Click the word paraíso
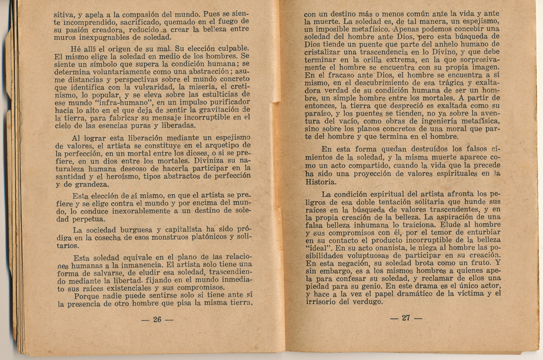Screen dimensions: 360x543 pyautogui.click(x=319, y=113)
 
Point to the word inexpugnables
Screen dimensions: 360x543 pyautogui.click(x=105, y=38)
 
